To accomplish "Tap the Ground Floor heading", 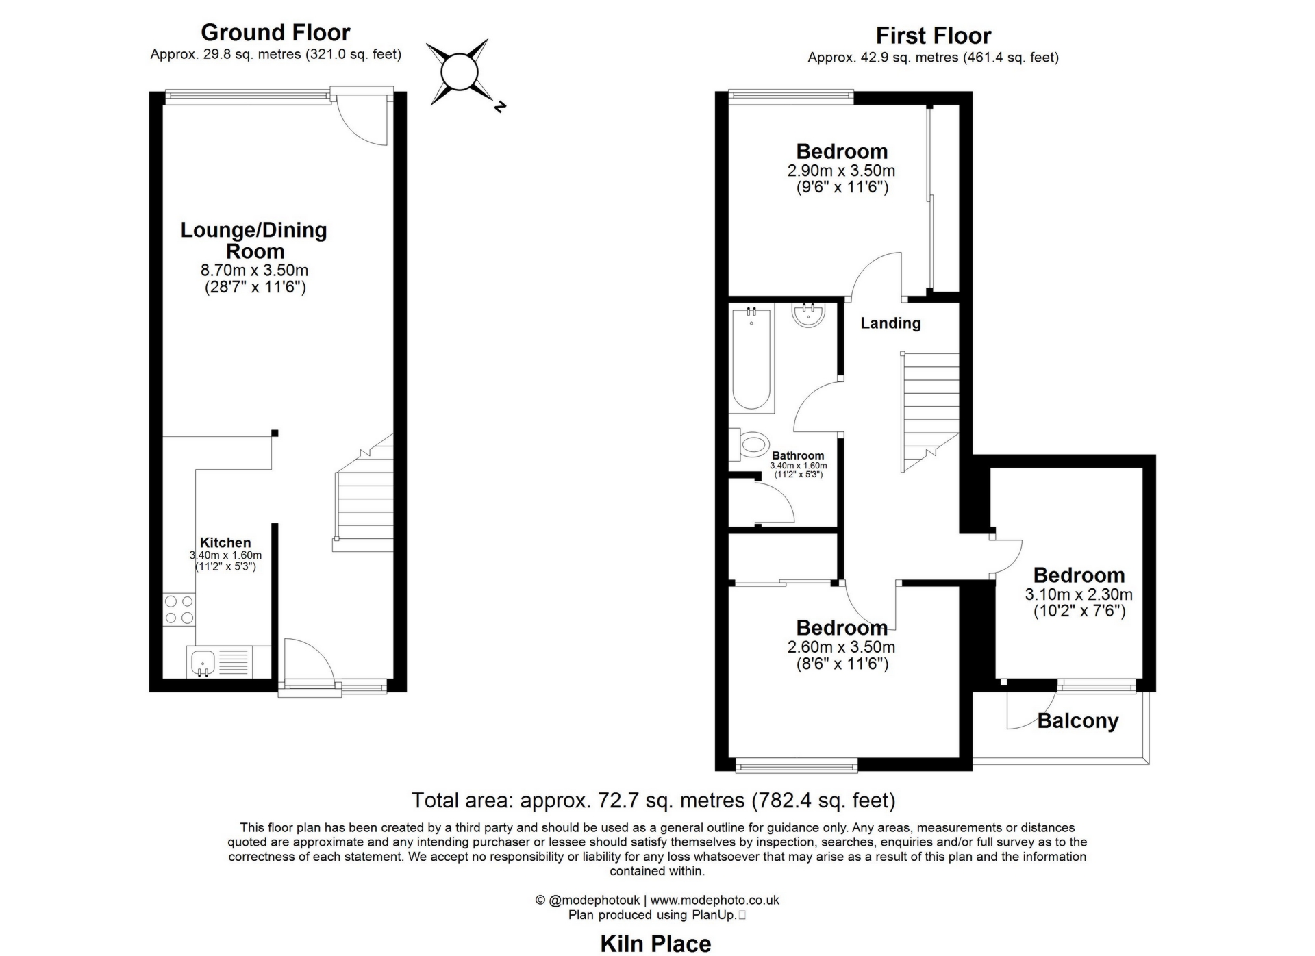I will (x=275, y=32).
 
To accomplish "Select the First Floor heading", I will (x=933, y=36).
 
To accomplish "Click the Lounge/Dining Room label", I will (x=254, y=240).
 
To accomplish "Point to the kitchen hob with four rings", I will (x=179, y=609).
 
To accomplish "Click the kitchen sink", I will (x=203, y=663).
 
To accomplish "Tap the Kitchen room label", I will (x=225, y=542).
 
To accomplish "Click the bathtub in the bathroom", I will (x=751, y=360).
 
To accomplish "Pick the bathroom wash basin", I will (x=809, y=314).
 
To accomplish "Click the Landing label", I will (x=890, y=323).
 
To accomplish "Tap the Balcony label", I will (x=1077, y=720).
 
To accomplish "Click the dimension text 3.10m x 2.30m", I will (x=1079, y=594).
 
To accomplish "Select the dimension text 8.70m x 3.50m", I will (x=254, y=271).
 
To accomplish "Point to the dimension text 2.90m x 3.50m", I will (x=841, y=171).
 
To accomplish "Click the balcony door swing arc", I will (x=1034, y=716).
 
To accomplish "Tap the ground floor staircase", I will (x=364, y=500).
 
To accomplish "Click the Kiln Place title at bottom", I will (x=655, y=944).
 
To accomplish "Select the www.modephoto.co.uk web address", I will (x=714, y=901).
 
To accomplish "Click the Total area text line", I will (x=653, y=800).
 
